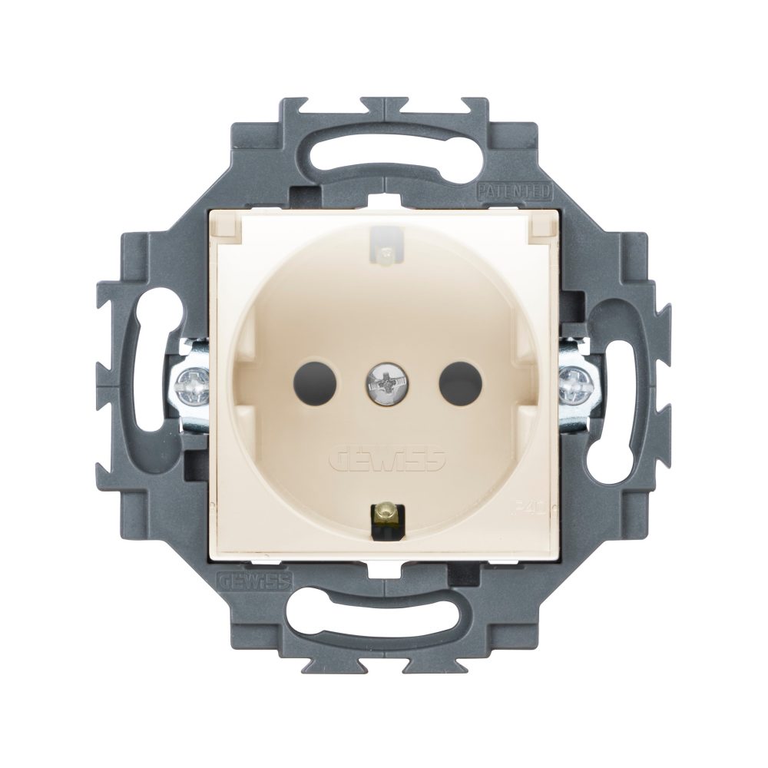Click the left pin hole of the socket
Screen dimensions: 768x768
pyautogui.click(x=309, y=377)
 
